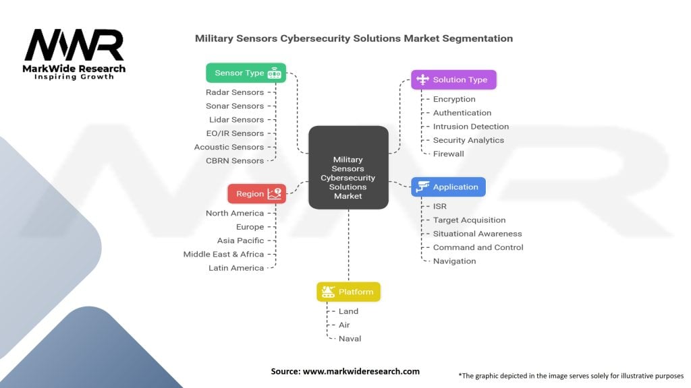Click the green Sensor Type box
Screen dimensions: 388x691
[x=246, y=73]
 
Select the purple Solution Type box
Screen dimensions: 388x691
[x=453, y=79]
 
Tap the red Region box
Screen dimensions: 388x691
[x=256, y=193]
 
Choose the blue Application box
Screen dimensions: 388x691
[x=449, y=187]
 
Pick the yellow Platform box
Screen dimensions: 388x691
[x=349, y=292]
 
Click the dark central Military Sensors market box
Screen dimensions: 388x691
[x=348, y=167]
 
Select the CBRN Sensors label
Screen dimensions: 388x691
[x=235, y=160]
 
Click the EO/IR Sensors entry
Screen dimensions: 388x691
[x=235, y=133]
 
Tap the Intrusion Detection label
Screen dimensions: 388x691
[x=471, y=126]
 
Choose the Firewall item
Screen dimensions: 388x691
[x=449, y=154]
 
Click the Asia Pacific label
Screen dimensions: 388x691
[x=240, y=240]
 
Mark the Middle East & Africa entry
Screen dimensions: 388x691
[x=223, y=254]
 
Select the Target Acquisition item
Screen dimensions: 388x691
[x=469, y=220]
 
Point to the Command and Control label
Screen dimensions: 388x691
[x=478, y=247]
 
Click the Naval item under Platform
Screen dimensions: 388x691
[x=350, y=338]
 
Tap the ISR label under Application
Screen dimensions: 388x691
[x=440, y=206]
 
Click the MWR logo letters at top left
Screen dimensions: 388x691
[x=74, y=46]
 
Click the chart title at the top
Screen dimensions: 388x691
[x=354, y=38]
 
